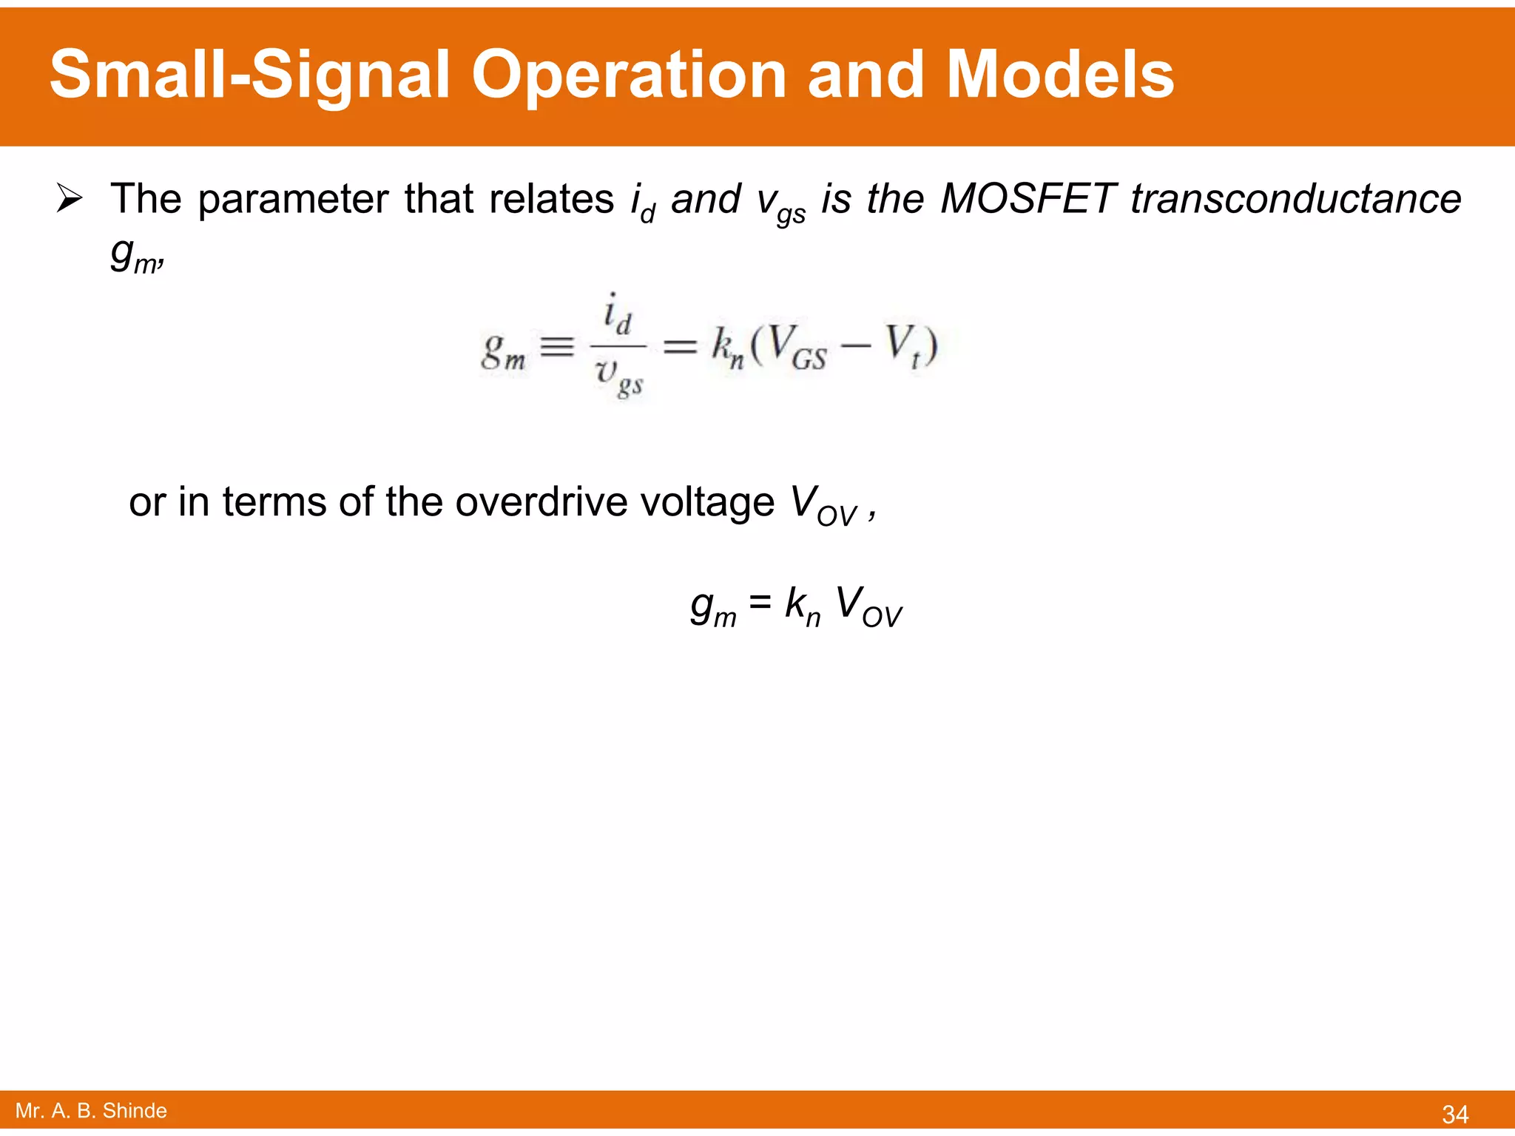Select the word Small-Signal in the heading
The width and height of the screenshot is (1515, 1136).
tap(249, 75)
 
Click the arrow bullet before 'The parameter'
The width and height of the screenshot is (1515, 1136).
tap(70, 199)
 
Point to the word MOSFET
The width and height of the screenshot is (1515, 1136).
tap(1028, 199)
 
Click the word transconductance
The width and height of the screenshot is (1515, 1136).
tap(1296, 199)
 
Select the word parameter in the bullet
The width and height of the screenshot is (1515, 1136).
tap(293, 199)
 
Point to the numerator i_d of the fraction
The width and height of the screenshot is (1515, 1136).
tap(617, 314)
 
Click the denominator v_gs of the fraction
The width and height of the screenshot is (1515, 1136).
tap(618, 377)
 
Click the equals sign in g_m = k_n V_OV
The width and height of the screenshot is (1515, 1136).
tap(760, 603)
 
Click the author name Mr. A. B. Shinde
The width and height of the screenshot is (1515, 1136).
tap(91, 1111)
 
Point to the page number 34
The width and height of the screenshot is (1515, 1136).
tap(1455, 1114)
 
